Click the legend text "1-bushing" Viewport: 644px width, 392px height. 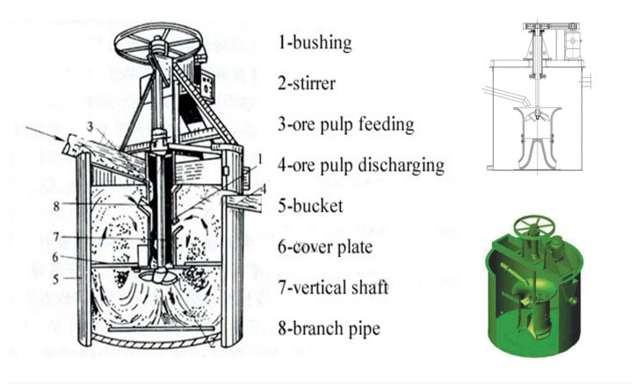(x=314, y=42)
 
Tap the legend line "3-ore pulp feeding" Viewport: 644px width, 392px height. (x=345, y=124)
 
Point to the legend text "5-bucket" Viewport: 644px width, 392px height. (x=310, y=205)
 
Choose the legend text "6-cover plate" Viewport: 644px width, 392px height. (x=325, y=246)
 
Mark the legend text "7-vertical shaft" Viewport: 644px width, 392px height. (x=334, y=287)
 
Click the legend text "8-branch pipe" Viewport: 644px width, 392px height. (x=328, y=328)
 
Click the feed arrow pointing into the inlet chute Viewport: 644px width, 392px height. (x=44, y=137)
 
